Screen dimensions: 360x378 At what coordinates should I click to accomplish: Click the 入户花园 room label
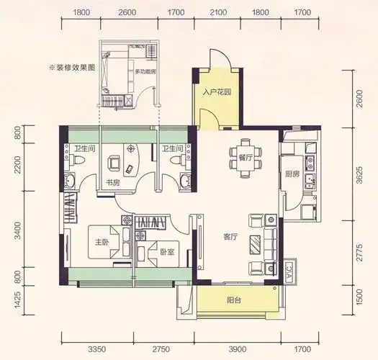point(216,92)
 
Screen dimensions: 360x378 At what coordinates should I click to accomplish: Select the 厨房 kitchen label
point(292,174)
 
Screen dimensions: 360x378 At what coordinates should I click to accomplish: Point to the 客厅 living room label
point(230,235)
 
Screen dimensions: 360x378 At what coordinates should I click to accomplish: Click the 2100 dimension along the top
point(218,12)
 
